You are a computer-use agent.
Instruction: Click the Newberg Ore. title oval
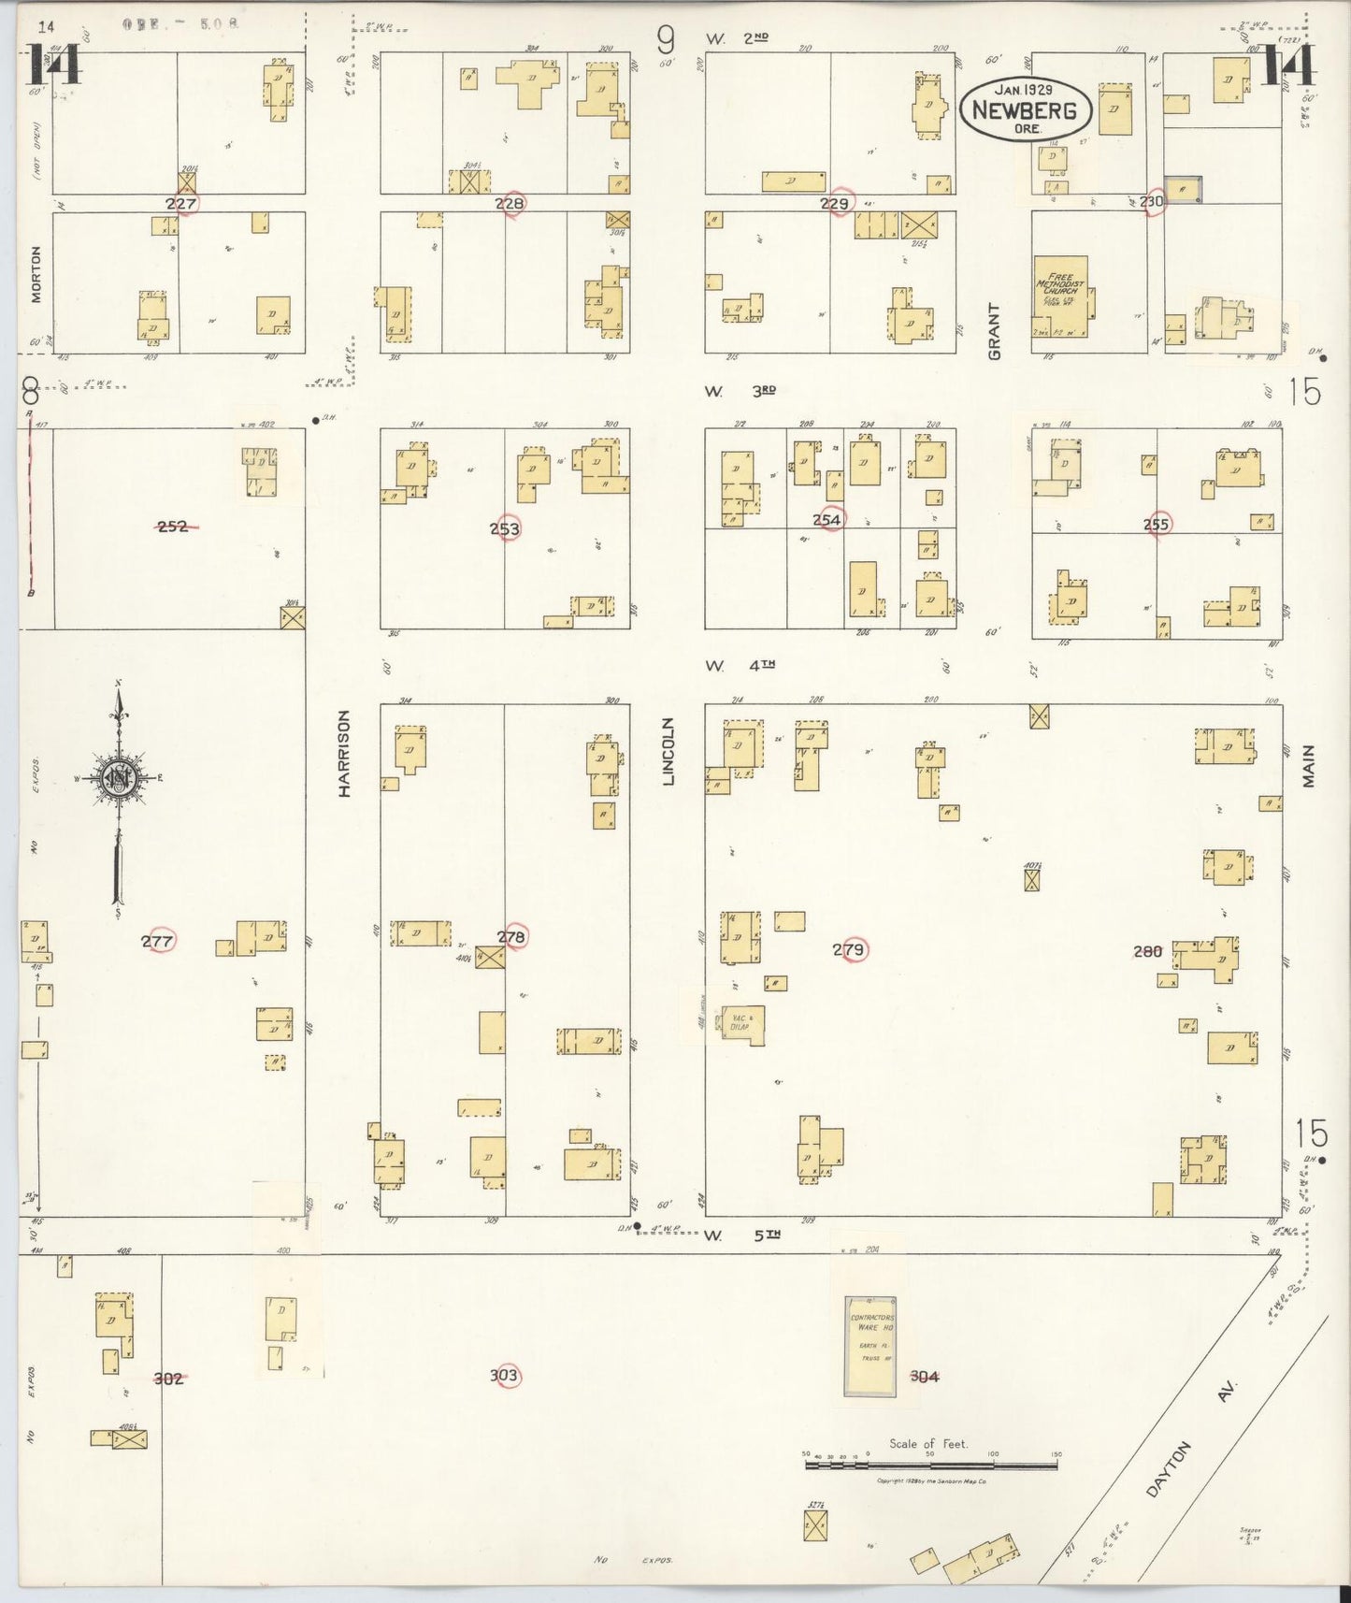pyautogui.click(x=1026, y=109)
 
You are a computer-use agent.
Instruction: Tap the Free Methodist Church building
pyautogui.click(x=1060, y=296)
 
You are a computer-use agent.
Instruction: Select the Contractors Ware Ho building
pyautogui.click(x=870, y=1345)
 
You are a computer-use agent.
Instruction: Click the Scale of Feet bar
pyautogui.click(x=930, y=1465)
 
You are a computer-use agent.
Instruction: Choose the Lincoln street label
pyautogui.click(x=668, y=750)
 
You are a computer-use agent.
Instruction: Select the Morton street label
pyautogui.click(x=36, y=274)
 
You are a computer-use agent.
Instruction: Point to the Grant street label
pyautogui.click(x=994, y=331)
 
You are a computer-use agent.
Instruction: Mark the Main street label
pyautogui.click(x=1309, y=766)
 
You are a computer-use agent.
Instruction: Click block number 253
pyautogui.click(x=505, y=528)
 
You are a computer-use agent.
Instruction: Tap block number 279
pyautogui.click(x=849, y=950)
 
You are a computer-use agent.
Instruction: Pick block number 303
pyautogui.click(x=504, y=1376)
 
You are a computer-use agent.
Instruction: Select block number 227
pyautogui.click(x=181, y=203)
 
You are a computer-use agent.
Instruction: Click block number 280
pyautogui.click(x=1147, y=951)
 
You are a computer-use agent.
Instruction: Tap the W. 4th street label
pyautogui.click(x=740, y=666)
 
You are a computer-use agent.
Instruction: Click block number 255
pyautogui.click(x=1157, y=525)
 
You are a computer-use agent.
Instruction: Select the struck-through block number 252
pyautogui.click(x=173, y=527)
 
